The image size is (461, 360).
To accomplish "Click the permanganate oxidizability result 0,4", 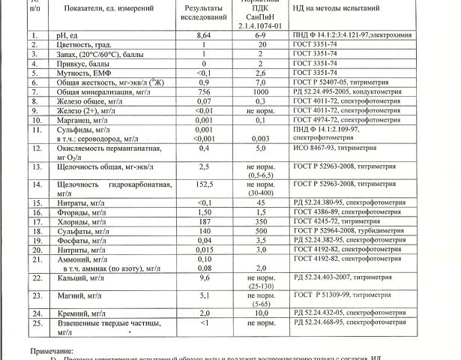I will point(202,148).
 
